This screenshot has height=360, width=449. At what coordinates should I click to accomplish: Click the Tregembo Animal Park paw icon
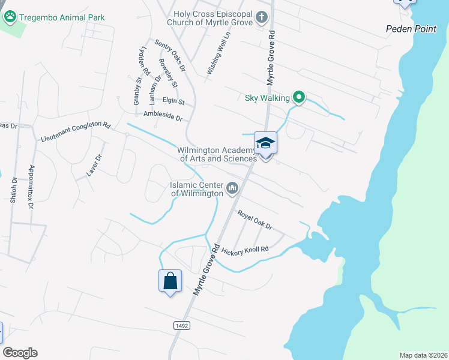tap(10, 17)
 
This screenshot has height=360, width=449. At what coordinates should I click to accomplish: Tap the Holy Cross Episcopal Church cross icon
tap(261, 17)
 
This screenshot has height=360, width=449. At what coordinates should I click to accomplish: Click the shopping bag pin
tap(170, 281)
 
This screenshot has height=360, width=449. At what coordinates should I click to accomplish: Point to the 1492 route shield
tap(181, 325)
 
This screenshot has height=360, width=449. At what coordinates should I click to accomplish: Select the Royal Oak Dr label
tap(255, 220)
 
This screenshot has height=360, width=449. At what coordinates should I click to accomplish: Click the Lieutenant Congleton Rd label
tap(76, 131)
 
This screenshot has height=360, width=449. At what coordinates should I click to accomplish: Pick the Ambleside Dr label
tap(162, 115)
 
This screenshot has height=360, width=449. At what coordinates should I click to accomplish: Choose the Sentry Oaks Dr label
tap(170, 53)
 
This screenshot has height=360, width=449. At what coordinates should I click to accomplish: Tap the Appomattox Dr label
tap(31, 187)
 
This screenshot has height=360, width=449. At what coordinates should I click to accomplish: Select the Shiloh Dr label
tap(13, 191)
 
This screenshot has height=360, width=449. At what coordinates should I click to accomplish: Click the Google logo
tap(20, 352)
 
